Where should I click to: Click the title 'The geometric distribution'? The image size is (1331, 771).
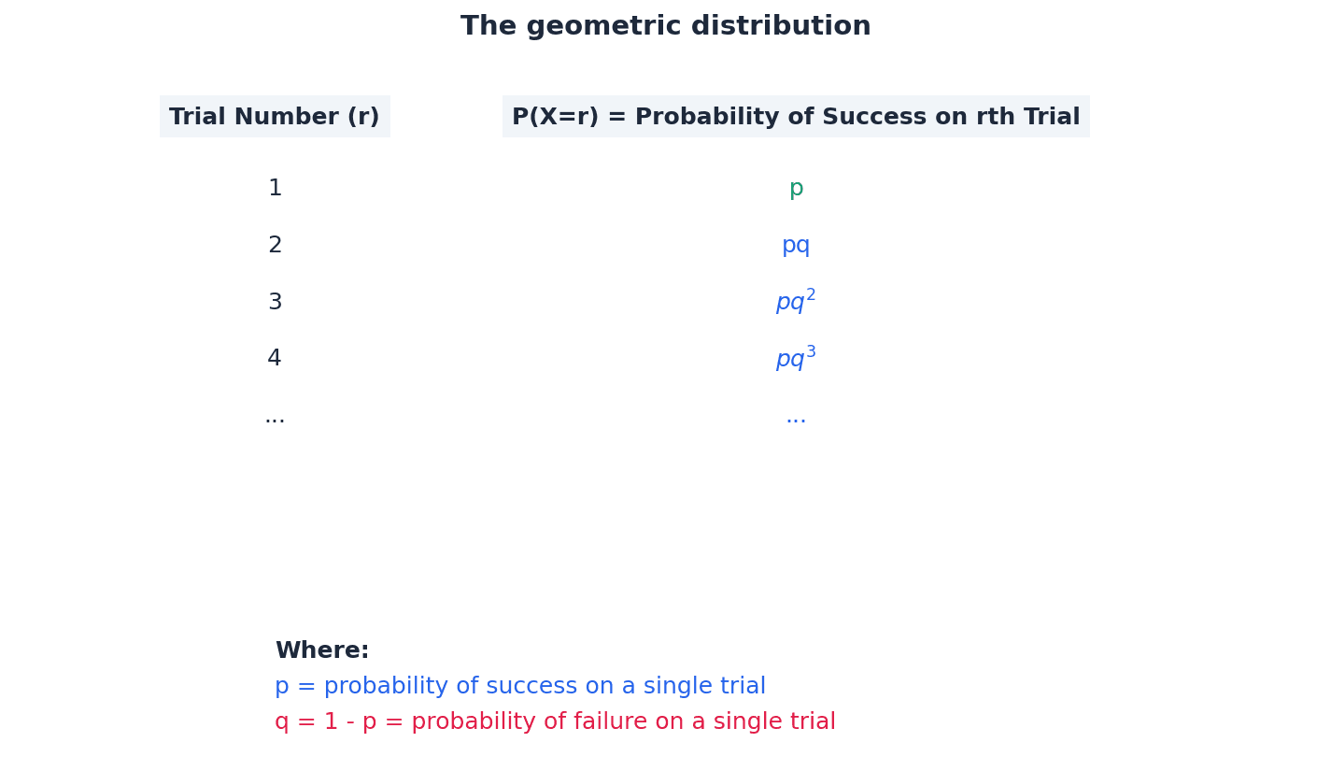(x=665, y=26)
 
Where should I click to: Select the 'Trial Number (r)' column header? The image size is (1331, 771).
(x=275, y=117)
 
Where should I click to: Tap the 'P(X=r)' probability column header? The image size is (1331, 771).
(x=796, y=117)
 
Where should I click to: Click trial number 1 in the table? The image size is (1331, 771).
(x=275, y=189)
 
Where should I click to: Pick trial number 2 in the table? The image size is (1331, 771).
(x=275, y=246)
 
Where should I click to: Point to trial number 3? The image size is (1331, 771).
(x=275, y=303)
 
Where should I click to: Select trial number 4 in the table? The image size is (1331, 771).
(x=275, y=359)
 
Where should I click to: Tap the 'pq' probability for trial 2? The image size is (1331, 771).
(x=796, y=246)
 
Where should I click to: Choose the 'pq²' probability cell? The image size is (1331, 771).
(x=796, y=302)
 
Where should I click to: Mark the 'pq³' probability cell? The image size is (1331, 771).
(x=796, y=359)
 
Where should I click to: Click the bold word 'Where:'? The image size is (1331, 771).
(x=322, y=651)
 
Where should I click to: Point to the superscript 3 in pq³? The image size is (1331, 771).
(x=811, y=351)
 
